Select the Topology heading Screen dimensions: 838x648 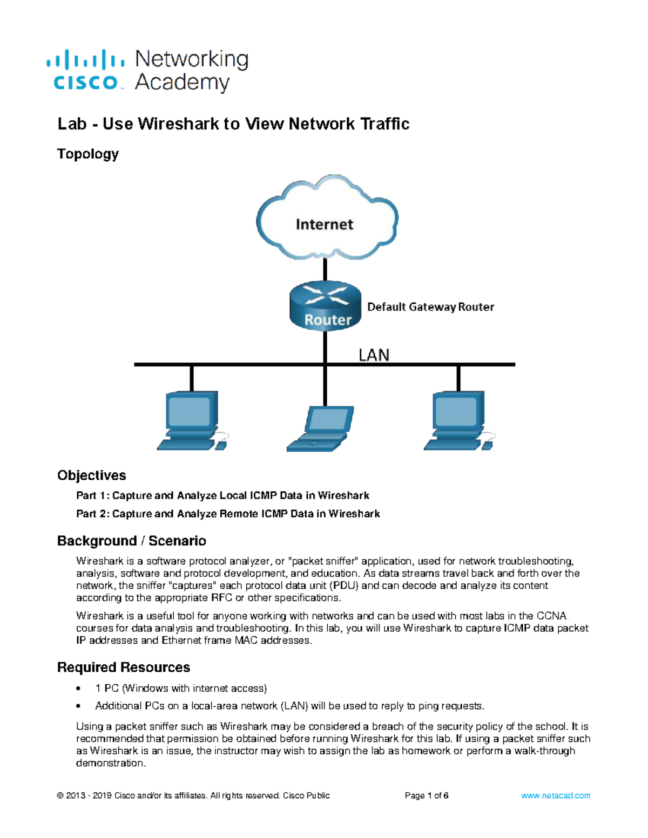coord(87,154)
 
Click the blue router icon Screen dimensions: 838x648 coord(325,306)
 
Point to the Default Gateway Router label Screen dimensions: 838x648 coord(430,307)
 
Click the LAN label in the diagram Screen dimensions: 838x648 coord(374,355)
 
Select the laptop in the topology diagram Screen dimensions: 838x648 coord(320,430)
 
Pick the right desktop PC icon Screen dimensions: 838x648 coord(458,421)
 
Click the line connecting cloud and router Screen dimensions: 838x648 coord(325,269)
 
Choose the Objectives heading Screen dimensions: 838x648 coord(91,475)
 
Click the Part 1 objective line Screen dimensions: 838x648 coord(222,495)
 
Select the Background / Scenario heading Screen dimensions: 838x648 coord(131,541)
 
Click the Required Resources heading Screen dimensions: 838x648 coord(123,667)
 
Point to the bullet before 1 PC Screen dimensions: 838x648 coord(79,689)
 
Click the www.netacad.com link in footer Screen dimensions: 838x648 coord(555,795)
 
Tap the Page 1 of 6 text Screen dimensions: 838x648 coord(426,795)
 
